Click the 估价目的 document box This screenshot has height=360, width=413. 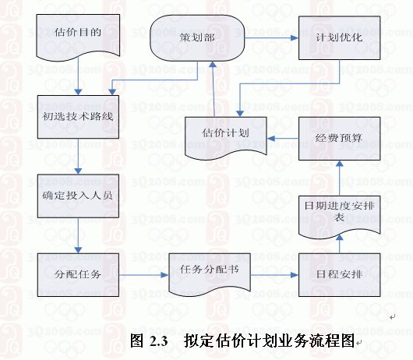[x=78, y=37]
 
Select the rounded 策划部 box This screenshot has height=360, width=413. [x=197, y=38]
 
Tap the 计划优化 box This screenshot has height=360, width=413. [x=339, y=38]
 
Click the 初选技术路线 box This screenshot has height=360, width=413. [x=78, y=117]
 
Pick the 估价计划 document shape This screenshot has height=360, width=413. [x=226, y=137]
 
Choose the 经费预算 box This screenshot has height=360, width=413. [x=339, y=139]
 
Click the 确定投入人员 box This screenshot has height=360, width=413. [x=78, y=196]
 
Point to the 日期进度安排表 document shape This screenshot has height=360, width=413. [x=339, y=216]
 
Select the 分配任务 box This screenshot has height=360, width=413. [x=78, y=274]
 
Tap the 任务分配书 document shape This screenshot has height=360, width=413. [x=210, y=274]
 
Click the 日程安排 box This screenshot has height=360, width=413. [x=339, y=274]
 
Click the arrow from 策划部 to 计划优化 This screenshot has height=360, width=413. [x=271, y=38]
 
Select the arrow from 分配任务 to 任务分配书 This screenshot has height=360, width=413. [x=144, y=275]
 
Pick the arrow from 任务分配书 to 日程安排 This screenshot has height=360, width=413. [x=274, y=275]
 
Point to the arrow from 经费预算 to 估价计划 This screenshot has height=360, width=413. [x=283, y=138]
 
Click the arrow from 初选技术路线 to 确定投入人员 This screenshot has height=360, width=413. [x=78, y=157]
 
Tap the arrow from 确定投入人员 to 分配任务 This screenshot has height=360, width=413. [x=78, y=235]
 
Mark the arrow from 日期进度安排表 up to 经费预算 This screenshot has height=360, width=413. [x=340, y=178]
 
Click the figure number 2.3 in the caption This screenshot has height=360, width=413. [x=159, y=341]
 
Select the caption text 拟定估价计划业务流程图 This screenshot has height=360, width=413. [x=270, y=341]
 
